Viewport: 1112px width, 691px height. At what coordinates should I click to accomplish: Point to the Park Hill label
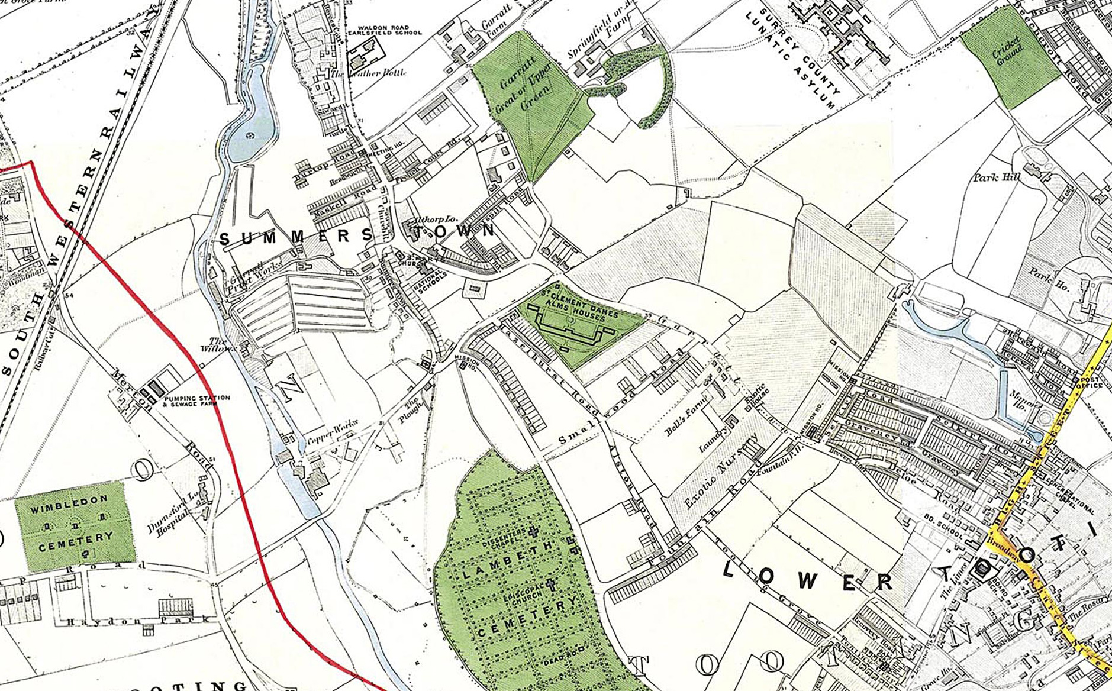point(995,177)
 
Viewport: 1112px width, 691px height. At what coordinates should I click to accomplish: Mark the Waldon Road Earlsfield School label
point(388,31)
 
